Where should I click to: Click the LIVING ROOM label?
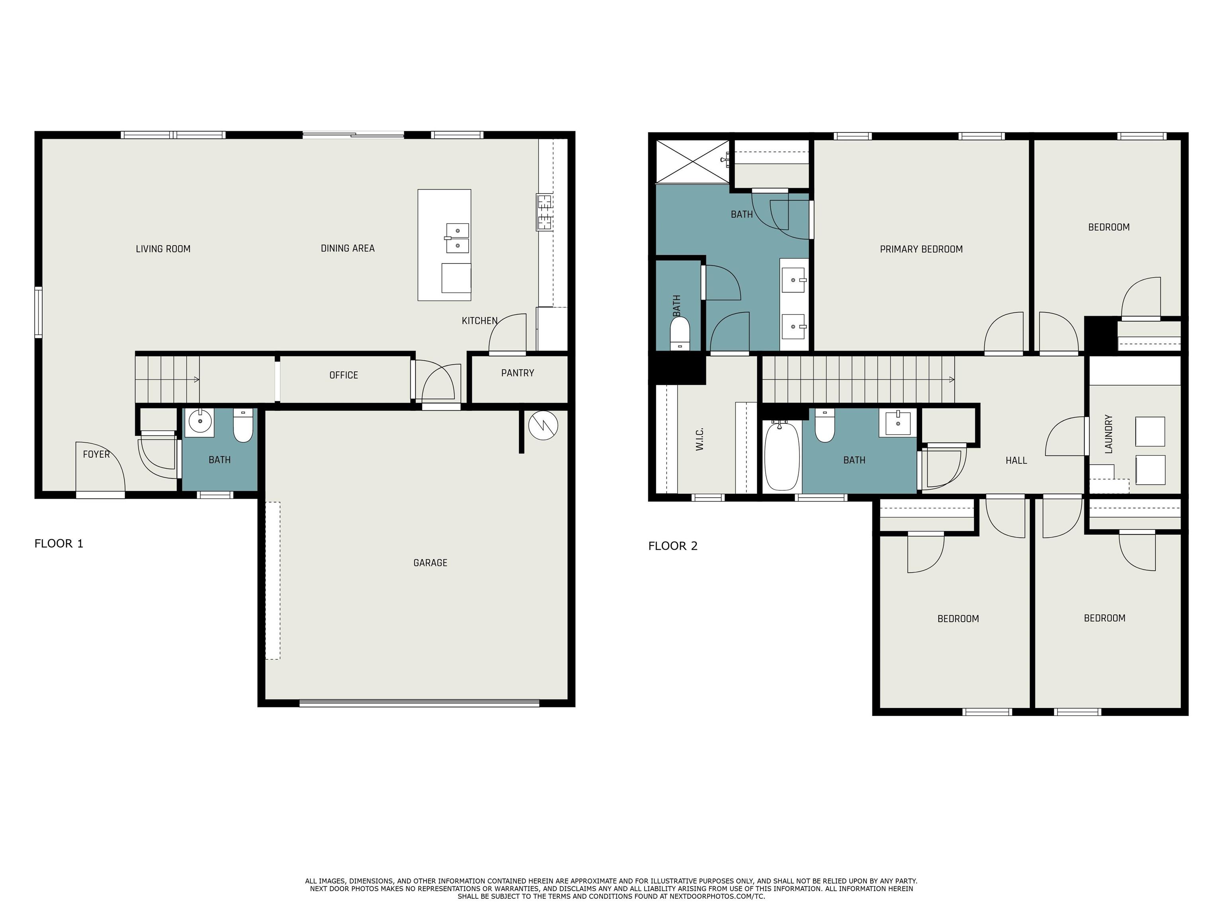[163, 249]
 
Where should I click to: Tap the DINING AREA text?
[348, 248]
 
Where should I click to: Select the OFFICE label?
[343, 375]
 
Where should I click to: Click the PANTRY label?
[518, 373]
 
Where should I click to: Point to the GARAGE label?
[430, 563]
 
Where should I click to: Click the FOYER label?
[96, 455]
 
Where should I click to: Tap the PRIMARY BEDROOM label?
[921, 249]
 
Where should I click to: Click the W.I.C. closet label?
[699, 439]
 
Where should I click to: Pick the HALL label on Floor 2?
[1016, 460]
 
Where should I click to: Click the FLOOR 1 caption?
[59, 543]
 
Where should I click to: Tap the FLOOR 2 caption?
[673, 546]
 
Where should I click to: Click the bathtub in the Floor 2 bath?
[782, 456]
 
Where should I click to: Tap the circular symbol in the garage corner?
[543, 425]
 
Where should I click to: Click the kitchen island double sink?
[457, 238]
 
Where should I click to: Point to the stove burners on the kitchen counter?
[544, 212]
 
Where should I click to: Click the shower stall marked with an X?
[692, 161]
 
